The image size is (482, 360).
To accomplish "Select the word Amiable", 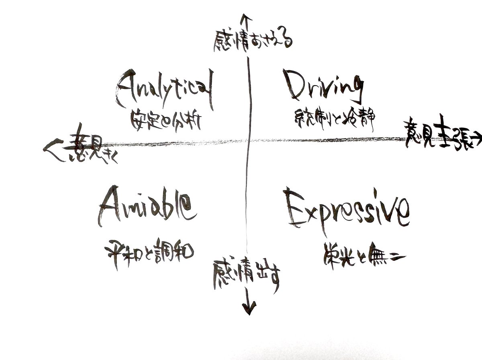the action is pos(147,206).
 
